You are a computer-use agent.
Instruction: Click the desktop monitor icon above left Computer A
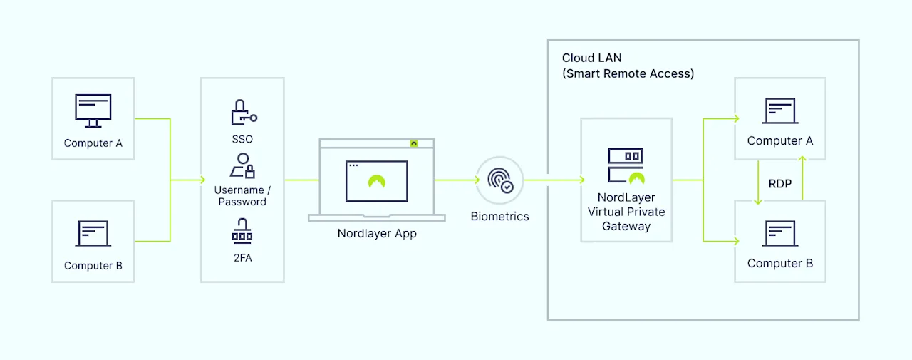pos(93,110)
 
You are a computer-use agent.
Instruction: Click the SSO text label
pos(242,139)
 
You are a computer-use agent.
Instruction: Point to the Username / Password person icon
pos(242,165)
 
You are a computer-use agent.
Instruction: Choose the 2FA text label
pos(242,258)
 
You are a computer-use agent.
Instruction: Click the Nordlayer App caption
pos(377,233)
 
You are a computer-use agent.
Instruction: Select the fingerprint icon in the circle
pos(499,180)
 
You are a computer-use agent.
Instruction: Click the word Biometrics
pos(499,216)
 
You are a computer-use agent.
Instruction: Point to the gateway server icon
pos(626,165)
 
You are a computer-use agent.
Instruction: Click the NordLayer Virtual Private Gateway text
pos(626,212)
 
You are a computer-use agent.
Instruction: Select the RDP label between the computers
pos(780,184)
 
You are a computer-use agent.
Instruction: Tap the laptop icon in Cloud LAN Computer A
pos(780,110)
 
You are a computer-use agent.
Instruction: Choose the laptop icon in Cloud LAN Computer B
pos(780,234)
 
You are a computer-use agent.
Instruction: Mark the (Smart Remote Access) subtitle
pos(628,73)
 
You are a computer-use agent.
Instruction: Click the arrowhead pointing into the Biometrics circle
pos(477,180)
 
